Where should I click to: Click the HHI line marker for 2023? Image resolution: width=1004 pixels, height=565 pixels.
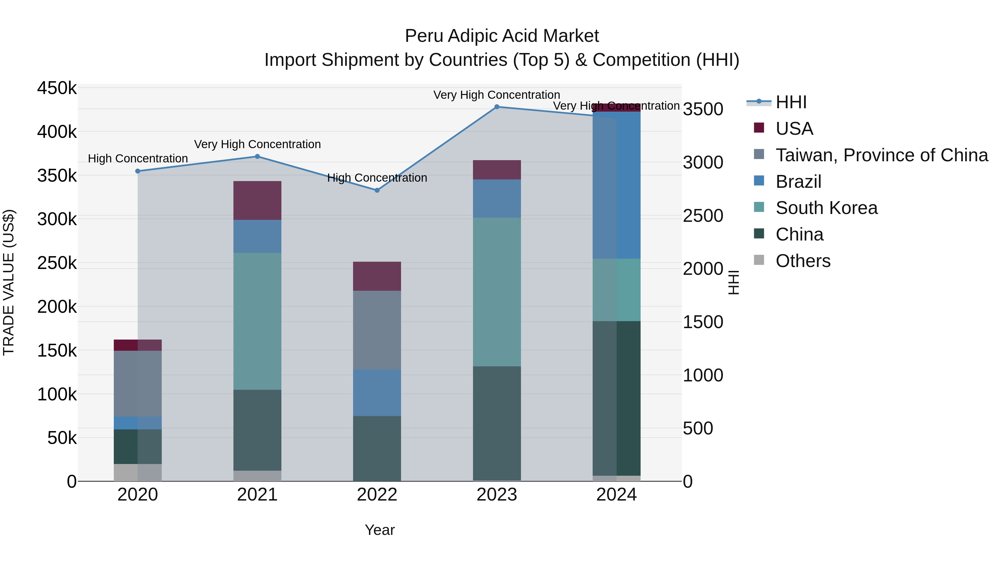click(496, 107)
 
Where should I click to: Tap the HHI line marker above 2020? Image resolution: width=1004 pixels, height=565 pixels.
click(137, 171)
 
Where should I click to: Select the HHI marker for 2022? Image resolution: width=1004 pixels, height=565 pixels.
click(377, 190)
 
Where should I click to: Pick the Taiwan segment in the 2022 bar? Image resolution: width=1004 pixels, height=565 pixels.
click(377, 330)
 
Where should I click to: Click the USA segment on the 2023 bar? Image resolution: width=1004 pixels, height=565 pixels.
click(496, 170)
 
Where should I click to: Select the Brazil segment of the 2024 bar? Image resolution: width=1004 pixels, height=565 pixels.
click(616, 185)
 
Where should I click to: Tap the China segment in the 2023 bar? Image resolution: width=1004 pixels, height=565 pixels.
click(496, 423)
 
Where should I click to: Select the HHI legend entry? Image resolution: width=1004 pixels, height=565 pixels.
click(791, 102)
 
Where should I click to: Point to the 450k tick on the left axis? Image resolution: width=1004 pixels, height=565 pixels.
click(57, 88)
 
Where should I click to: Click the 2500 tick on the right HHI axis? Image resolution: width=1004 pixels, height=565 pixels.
click(703, 216)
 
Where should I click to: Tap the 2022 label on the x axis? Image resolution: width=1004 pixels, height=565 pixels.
click(377, 495)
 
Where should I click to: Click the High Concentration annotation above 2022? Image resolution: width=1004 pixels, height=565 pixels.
click(377, 178)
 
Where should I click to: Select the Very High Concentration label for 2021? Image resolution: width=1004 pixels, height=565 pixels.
click(257, 144)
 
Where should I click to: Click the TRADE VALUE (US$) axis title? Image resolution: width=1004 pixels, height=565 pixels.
click(9, 282)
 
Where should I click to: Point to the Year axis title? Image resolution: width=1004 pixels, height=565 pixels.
click(380, 530)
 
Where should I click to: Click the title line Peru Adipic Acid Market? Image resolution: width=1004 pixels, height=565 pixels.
click(502, 36)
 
